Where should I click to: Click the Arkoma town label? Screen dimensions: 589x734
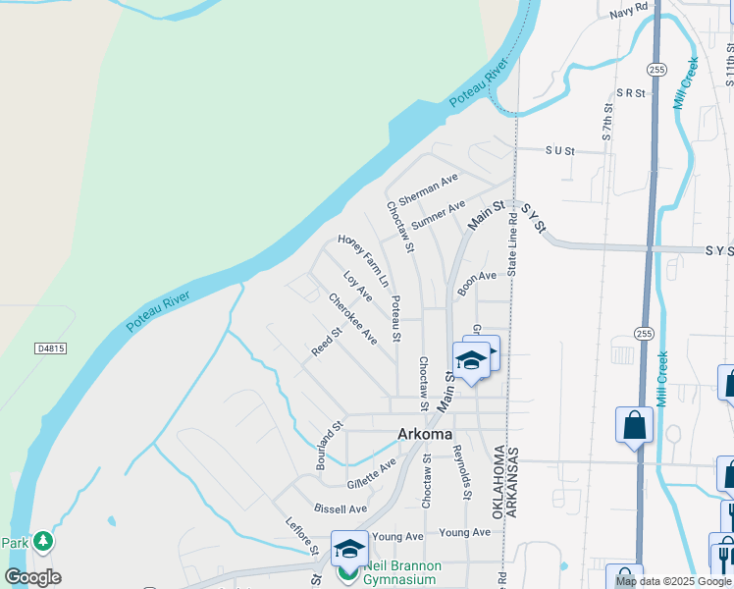click(425, 434)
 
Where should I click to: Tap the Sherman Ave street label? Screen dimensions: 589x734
click(429, 189)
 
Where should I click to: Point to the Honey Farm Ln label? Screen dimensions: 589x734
click(363, 258)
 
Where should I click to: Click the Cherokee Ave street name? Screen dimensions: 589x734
click(353, 319)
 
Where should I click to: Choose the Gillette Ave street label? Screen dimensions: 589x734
click(372, 473)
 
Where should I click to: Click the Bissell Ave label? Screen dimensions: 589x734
click(340, 509)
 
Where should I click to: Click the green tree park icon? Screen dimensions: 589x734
click(42, 541)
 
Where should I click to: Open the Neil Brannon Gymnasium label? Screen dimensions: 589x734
click(403, 572)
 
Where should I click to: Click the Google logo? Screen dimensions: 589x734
click(32, 577)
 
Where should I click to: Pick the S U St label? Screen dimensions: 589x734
click(558, 151)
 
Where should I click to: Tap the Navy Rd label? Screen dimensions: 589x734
click(629, 10)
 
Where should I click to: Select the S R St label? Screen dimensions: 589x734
click(630, 93)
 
